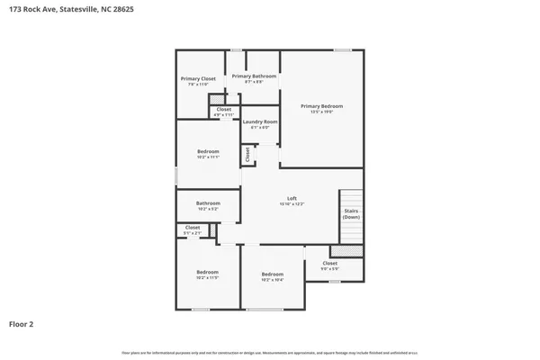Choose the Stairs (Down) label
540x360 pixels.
point(351,214)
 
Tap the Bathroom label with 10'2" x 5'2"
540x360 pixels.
point(208,205)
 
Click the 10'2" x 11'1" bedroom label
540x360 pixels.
point(208,153)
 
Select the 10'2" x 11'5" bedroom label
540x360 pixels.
point(208,274)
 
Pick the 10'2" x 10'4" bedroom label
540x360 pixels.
point(273,276)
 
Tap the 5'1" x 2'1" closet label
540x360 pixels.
point(193,229)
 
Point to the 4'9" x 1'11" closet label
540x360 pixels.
point(223,112)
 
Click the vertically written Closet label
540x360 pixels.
point(247,155)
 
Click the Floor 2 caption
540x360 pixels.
point(22,323)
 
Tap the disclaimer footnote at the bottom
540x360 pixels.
point(270,351)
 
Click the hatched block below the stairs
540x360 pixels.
point(346,250)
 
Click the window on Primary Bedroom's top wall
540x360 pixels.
point(342,49)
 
